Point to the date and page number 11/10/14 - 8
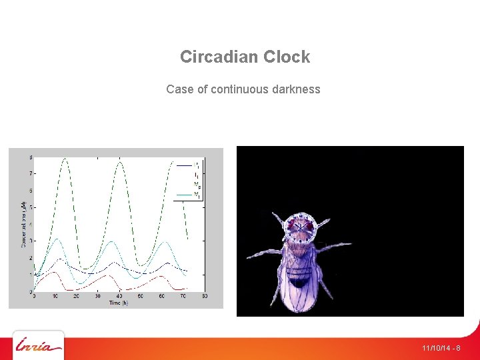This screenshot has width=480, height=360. tap(441, 348)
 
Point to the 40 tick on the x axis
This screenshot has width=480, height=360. tap(119, 296)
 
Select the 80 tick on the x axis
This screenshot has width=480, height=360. tap(204, 296)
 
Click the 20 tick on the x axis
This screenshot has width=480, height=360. tap(77, 296)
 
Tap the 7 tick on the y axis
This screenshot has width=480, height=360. tap(30, 173)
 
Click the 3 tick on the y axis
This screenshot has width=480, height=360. tap(30, 241)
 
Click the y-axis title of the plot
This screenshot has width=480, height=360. tap(23, 223)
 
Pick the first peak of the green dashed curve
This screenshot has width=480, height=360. tap(65, 159)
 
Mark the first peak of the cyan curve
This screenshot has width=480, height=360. tap(57, 239)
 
